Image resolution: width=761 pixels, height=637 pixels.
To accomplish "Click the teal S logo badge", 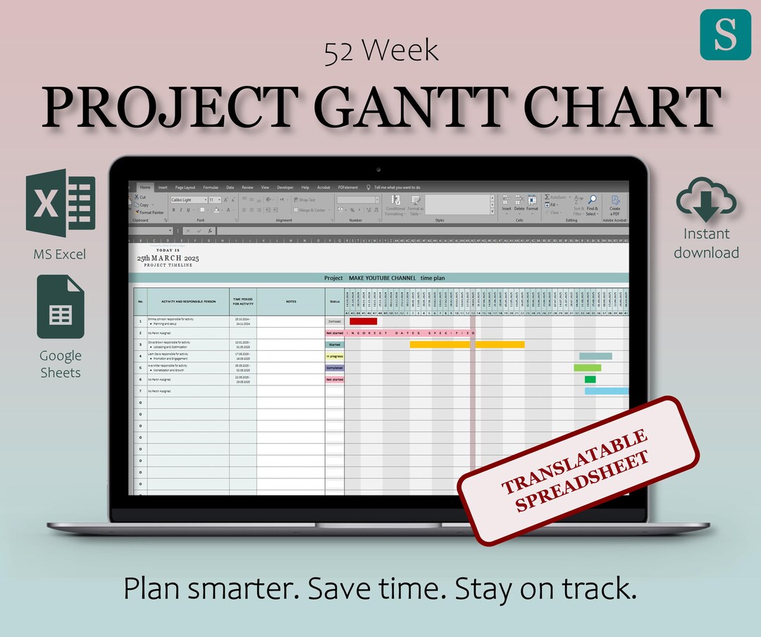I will point(725,34).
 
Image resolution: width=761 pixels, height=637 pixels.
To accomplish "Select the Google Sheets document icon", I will point(61,307).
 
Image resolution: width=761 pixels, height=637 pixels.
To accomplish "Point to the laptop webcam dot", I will point(379,170).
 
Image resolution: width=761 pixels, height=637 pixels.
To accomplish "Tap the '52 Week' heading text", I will point(381,51).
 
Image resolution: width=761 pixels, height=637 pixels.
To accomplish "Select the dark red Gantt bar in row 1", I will point(363,321).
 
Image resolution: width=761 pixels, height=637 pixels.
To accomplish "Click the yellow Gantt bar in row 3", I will point(466,345).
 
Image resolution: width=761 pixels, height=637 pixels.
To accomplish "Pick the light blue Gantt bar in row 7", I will point(606,391).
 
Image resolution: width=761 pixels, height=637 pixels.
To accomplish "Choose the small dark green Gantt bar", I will point(590,380).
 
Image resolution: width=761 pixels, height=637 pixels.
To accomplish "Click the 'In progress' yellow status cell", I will point(335,357).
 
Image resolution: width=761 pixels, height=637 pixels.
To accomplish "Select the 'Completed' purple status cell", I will point(335,368).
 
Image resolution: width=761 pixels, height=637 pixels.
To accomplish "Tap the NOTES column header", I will point(291,302).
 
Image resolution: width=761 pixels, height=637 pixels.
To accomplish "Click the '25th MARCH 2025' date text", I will point(168,259).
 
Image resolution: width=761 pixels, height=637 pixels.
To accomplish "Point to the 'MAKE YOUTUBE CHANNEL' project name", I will point(381,278).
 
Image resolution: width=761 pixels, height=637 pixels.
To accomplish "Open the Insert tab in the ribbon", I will point(163,187).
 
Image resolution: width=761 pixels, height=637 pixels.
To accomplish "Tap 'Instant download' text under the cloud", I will point(706,243).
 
